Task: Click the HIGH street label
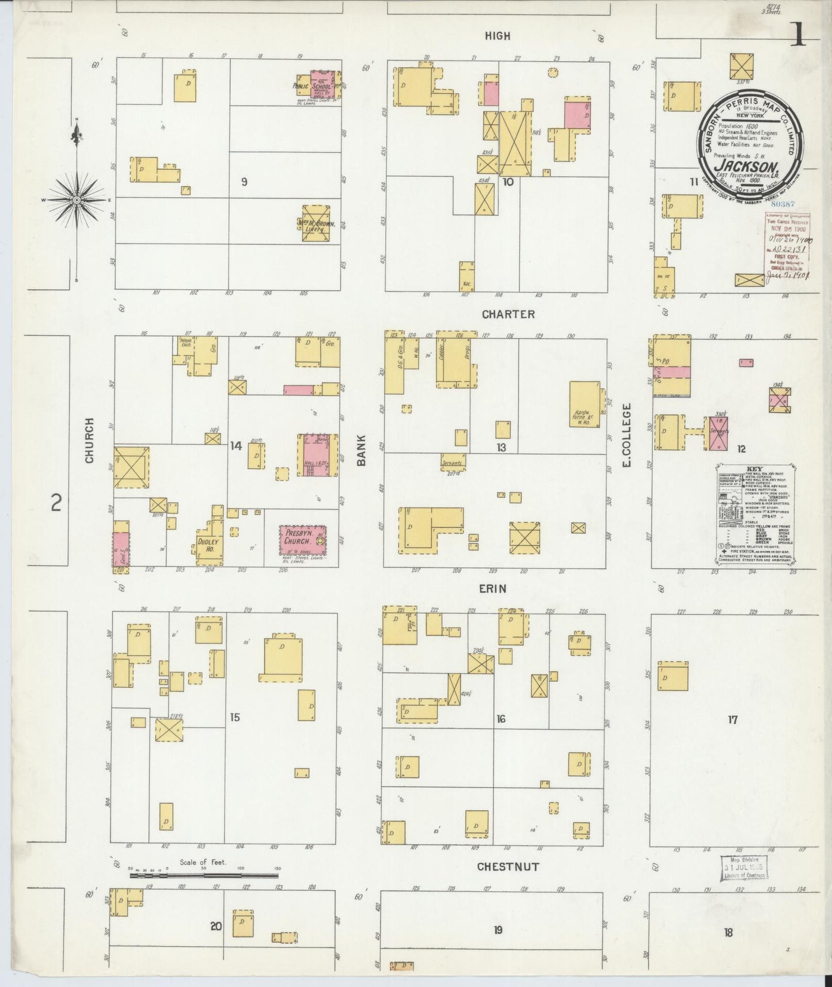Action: [x=497, y=36]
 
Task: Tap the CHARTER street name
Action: [x=508, y=314]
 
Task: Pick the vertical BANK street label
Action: [x=361, y=450]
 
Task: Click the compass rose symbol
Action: [x=76, y=199]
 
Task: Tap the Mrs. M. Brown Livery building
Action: [x=316, y=223]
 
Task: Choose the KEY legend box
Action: [x=755, y=513]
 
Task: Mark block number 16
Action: [x=501, y=719]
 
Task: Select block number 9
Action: [x=245, y=182]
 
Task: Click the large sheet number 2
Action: [x=56, y=503]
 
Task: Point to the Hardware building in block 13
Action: [x=585, y=404]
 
